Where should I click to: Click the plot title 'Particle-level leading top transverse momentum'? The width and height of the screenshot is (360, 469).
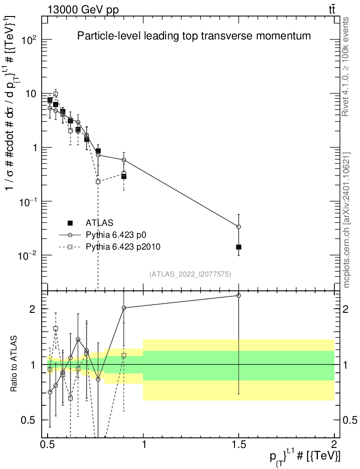194,35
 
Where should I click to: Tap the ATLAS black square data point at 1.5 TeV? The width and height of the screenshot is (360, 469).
239,247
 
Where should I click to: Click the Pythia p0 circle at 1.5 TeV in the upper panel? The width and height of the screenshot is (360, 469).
239,227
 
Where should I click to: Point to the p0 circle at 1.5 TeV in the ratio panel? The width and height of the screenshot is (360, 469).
239,295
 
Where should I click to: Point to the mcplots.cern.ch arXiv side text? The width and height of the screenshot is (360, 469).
346,220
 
